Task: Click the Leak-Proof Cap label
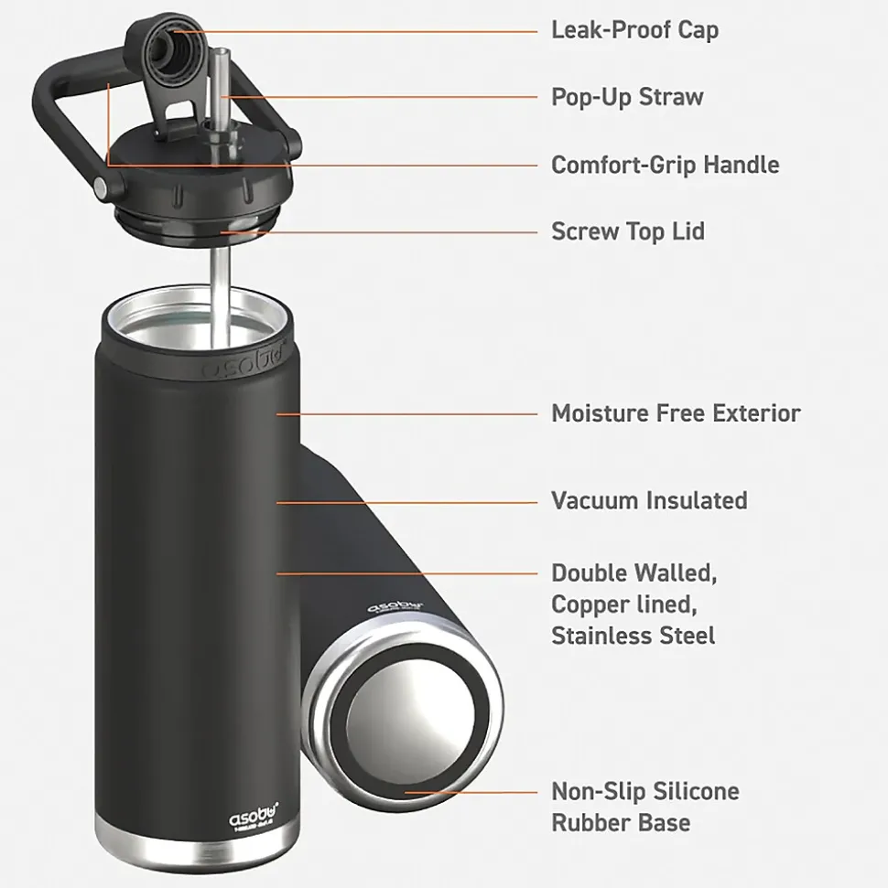[634, 29]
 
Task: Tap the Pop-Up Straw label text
[627, 97]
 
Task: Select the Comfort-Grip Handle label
[665, 165]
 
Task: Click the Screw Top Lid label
[628, 231]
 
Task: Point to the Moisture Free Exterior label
[676, 412]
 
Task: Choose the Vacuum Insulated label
[649, 500]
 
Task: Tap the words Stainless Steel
[633, 635]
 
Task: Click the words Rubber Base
[620, 822]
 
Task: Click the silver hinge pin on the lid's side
[99, 187]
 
